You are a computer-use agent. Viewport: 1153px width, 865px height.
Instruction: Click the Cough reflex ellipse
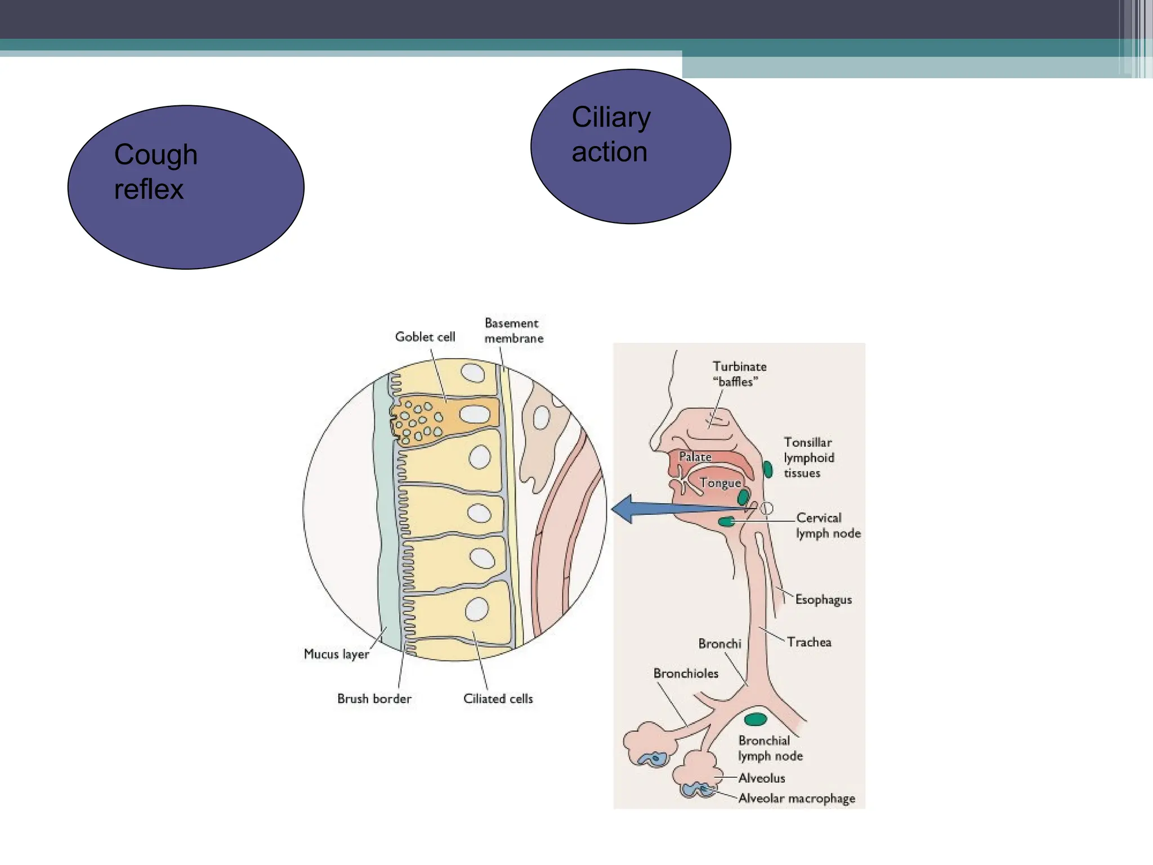(186, 187)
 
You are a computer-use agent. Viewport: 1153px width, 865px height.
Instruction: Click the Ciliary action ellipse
(631, 146)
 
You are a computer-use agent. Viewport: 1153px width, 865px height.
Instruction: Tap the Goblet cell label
(425, 337)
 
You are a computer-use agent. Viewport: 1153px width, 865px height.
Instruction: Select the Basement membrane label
(513, 331)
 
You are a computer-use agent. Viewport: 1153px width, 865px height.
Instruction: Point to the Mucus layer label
(336, 654)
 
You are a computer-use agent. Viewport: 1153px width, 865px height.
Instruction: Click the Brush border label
(374, 698)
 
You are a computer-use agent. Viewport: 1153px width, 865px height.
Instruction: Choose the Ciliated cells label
(498, 698)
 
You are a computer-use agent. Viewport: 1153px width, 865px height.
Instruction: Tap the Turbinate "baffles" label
(739, 374)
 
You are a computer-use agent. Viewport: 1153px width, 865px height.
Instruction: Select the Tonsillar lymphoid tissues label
(808, 457)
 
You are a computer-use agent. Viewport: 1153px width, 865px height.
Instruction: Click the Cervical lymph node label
(828, 525)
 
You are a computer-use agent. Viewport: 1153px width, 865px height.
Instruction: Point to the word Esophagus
(823, 600)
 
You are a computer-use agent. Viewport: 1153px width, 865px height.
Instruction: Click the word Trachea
(809, 642)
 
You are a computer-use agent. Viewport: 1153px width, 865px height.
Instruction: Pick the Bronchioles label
(686, 673)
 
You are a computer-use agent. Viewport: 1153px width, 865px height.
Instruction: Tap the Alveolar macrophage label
(796, 798)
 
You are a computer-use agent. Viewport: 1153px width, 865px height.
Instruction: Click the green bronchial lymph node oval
(756, 719)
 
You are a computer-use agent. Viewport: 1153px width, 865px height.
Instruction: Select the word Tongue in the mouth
(720, 483)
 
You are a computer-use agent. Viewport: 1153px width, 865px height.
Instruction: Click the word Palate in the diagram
(695, 457)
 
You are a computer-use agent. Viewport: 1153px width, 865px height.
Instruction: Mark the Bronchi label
(719, 643)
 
